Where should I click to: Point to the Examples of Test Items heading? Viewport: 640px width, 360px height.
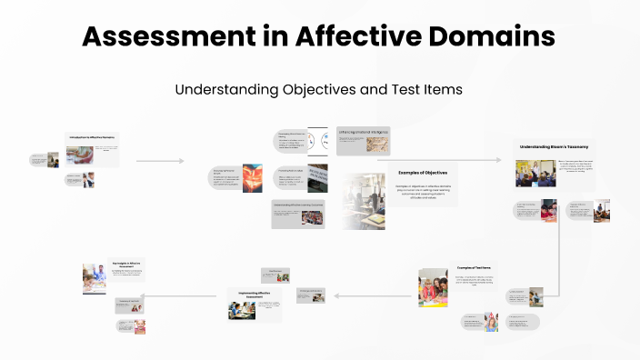pyautogui.click(x=475, y=267)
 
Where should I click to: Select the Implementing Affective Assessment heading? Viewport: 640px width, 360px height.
pyautogui.click(x=254, y=294)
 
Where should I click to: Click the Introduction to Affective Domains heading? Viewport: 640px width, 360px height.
pyautogui.click(x=92, y=137)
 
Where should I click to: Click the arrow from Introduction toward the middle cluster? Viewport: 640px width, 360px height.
pyautogui.click(x=160, y=161)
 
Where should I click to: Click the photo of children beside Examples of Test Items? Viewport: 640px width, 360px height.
pyautogui.click(x=433, y=287)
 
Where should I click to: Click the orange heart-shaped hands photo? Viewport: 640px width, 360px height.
pyautogui.click(x=252, y=177)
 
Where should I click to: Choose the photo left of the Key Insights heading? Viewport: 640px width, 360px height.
pyautogui.click(x=95, y=278)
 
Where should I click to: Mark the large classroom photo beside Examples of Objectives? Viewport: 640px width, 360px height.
pyautogui.click(x=363, y=200)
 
